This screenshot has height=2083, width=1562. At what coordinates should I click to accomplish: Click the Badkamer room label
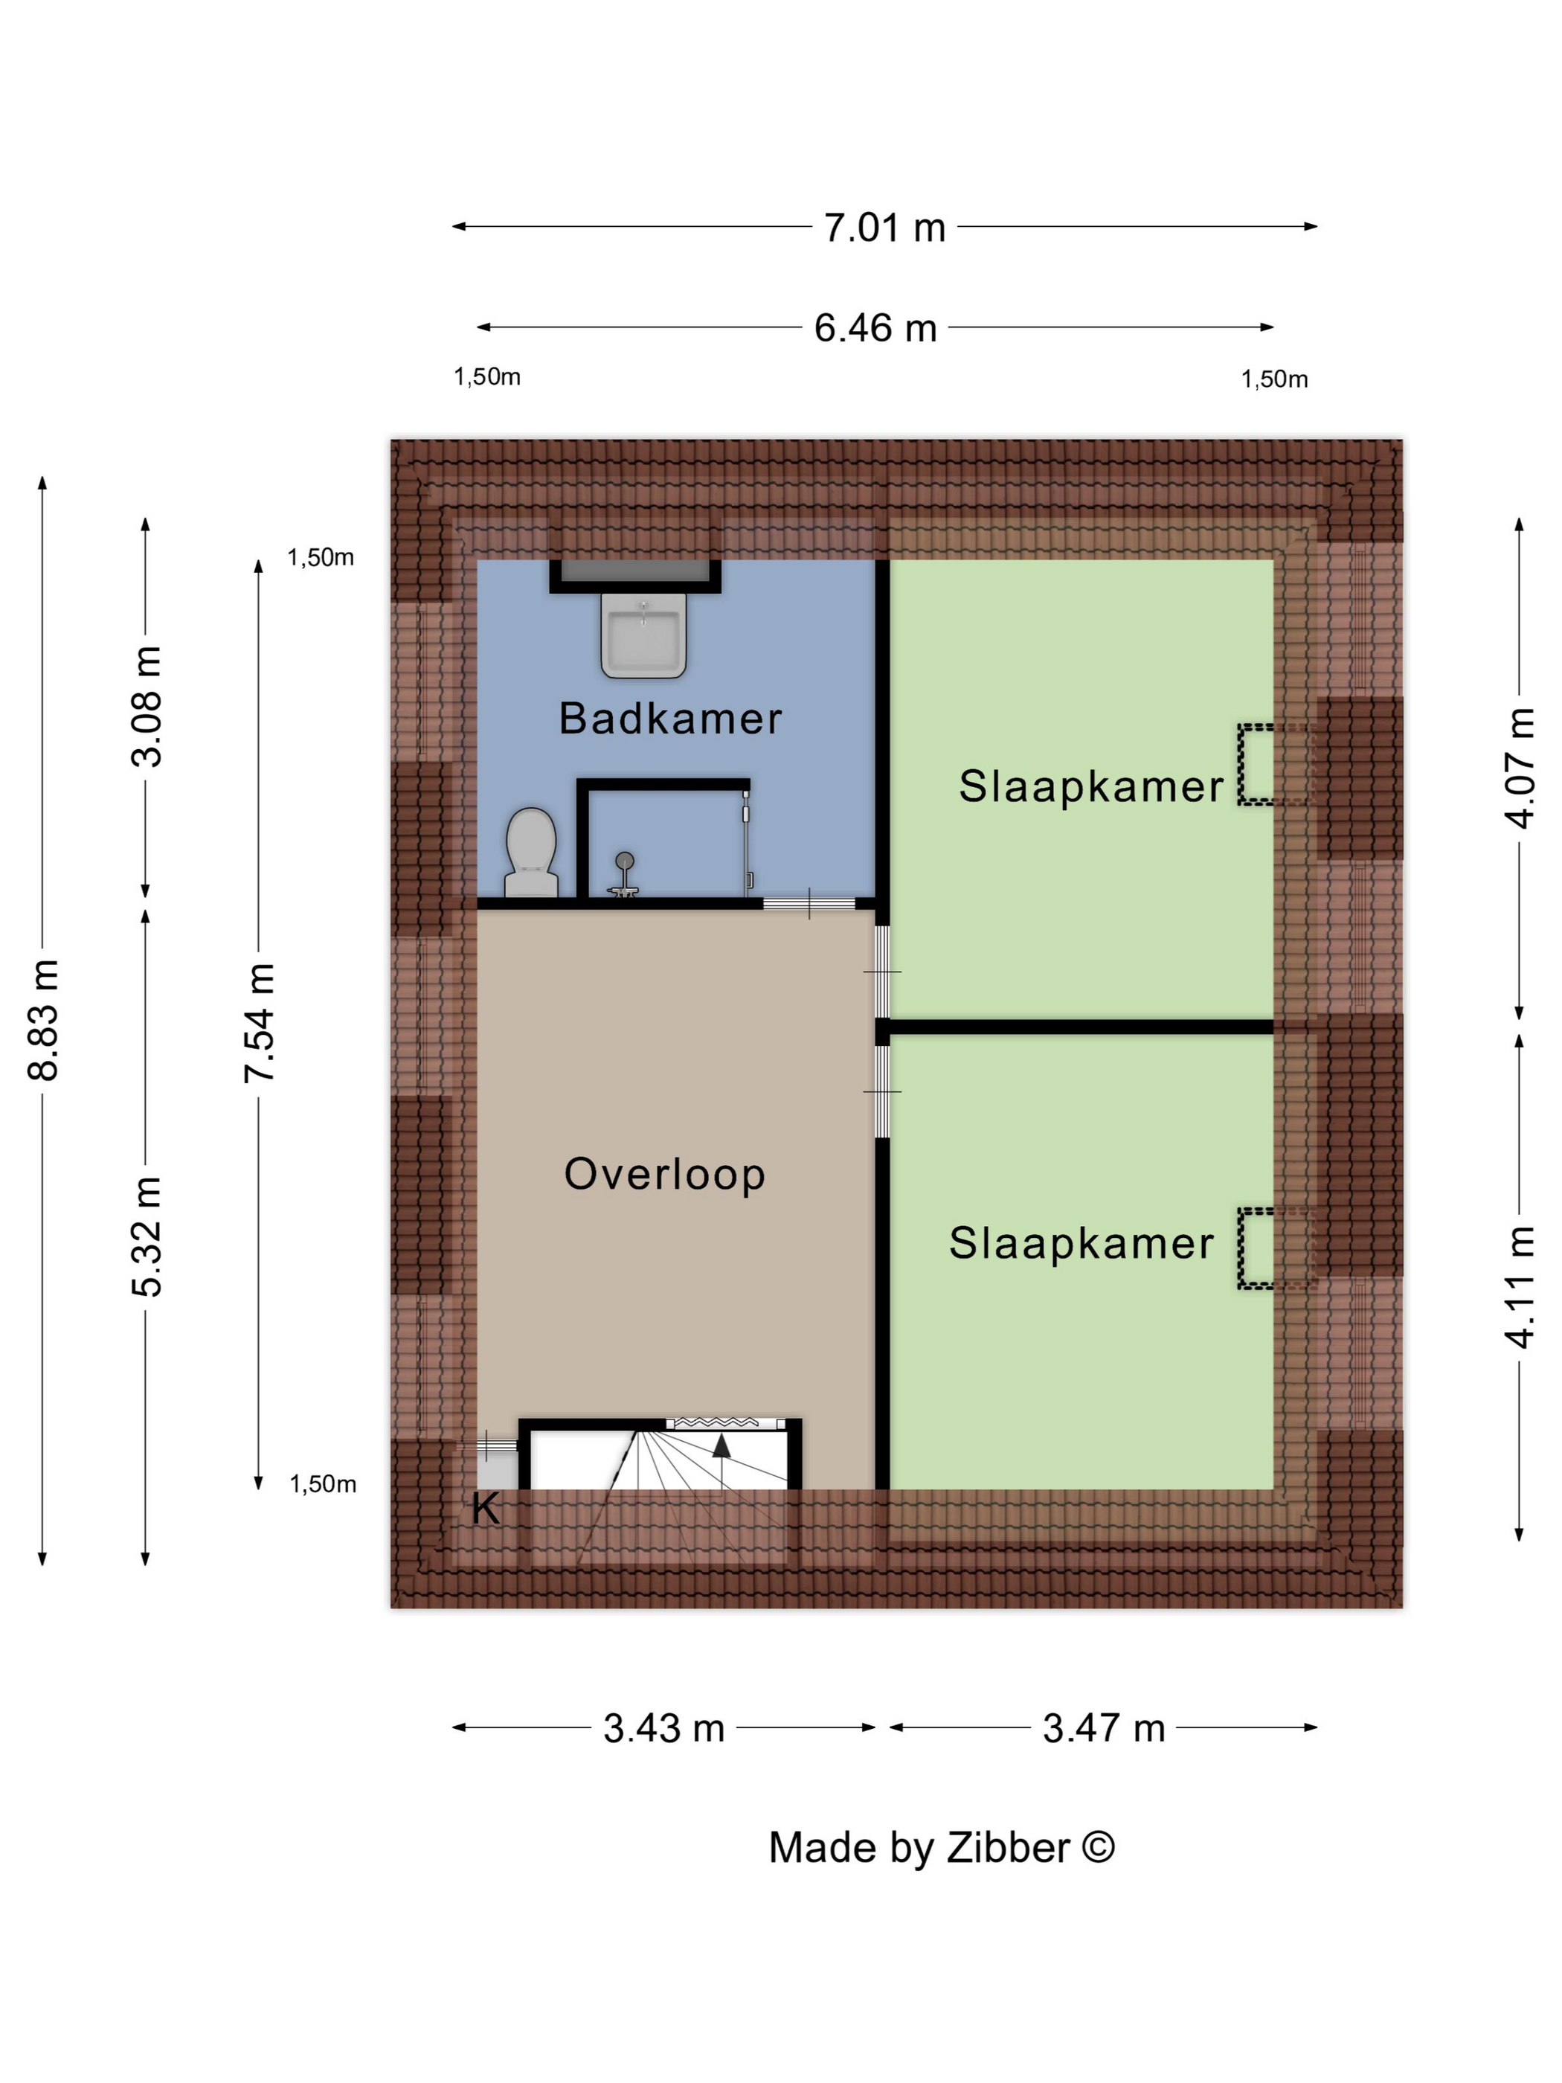670,719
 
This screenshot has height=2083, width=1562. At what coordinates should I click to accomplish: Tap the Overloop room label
665,1174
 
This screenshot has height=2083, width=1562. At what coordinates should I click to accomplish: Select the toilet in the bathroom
531,853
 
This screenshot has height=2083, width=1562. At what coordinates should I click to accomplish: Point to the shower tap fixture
623,875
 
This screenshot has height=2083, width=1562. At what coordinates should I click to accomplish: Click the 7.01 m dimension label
884,228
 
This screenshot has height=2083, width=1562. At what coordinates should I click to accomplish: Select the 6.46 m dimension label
875,328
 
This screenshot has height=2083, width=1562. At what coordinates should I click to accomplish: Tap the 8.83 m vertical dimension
44,1020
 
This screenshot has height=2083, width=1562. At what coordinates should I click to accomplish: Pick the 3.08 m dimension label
147,706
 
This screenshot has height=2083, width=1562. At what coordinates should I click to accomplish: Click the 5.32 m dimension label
147,1236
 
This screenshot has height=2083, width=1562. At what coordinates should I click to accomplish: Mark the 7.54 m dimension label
260,1023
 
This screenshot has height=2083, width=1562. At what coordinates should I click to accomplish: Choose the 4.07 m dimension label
1520,768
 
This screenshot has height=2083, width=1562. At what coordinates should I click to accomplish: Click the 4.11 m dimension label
1520,1286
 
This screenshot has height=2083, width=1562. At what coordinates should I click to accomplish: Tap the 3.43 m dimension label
663,1728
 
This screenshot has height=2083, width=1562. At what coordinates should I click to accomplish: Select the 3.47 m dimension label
1104,1728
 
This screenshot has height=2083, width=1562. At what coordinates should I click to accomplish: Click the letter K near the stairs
485,1509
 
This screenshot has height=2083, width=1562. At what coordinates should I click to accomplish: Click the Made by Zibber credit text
942,1848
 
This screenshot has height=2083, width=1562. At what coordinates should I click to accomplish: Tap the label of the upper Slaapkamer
1091,786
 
